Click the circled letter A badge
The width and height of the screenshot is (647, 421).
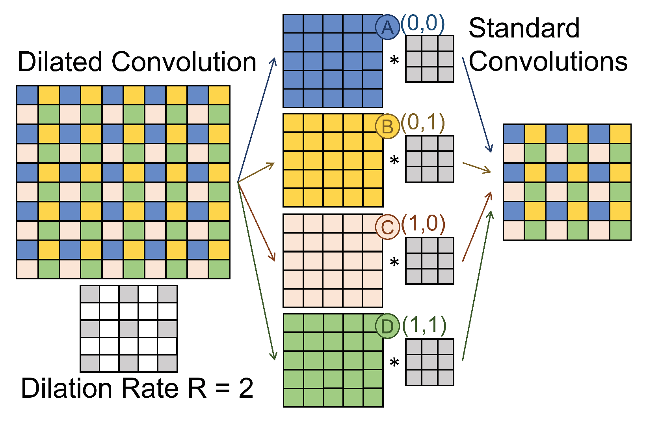click(x=388, y=28)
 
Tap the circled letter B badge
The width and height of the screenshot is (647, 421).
click(x=388, y=127)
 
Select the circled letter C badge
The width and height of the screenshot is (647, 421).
click(x=388, y=227)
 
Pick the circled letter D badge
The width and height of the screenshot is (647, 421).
click(x=388, y=326)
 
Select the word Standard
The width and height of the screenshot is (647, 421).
click(x=524, y=28)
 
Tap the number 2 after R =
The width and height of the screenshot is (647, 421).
click(x=246, y=388)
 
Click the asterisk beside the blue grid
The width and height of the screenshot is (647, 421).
click(x=394, y=61)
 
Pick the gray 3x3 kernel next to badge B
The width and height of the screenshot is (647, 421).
click(x=429, y=159)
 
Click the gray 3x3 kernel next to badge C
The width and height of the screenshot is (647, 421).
click(x=429, y=261)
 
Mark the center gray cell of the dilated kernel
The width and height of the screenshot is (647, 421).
click(x=128, y=328)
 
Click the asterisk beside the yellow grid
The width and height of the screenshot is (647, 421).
click(x=394, y=161)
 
